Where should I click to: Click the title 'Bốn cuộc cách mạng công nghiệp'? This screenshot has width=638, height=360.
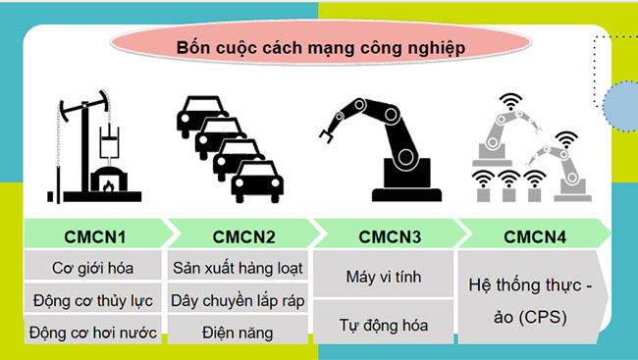321,46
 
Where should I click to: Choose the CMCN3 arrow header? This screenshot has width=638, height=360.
384,233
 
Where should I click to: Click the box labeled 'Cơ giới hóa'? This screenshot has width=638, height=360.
93,267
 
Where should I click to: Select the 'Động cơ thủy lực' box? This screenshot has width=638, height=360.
93,299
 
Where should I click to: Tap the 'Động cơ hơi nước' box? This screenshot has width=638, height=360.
93,332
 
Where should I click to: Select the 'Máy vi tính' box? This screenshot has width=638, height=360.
384,277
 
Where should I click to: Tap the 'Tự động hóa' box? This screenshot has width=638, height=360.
384,323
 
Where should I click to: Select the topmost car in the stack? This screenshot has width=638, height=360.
197,114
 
